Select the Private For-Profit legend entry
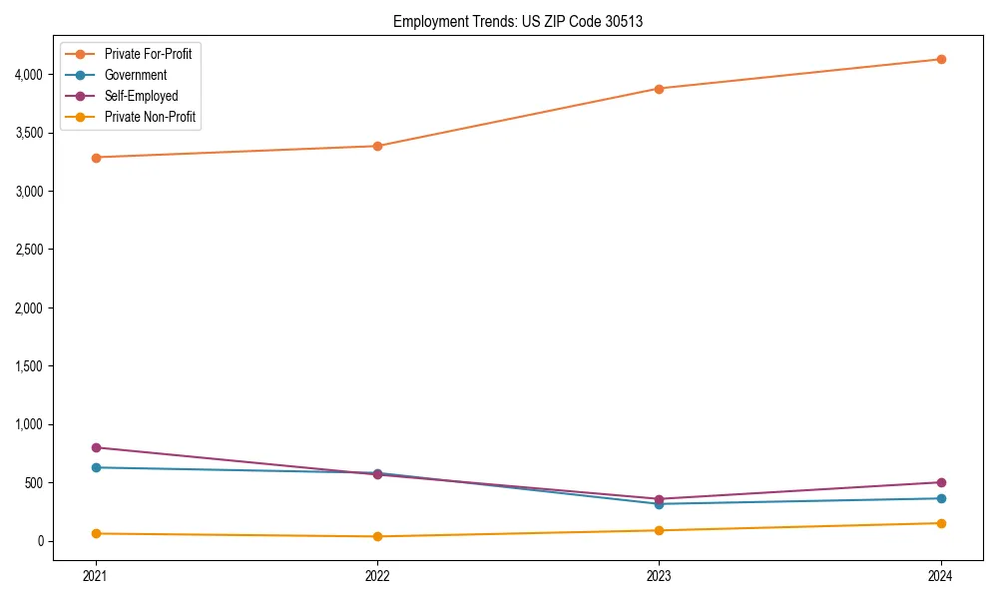point(148,54)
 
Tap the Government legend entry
point(136,75)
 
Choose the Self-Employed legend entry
point(141,96)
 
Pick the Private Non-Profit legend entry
point(150,117)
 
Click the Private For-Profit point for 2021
point(96,158)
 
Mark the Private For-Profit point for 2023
point(660,89)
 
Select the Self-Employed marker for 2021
point(96,447)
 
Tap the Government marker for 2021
point(96,467)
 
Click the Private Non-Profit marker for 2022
point(377,536)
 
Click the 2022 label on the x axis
point(377,576)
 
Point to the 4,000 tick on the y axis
point(27,75)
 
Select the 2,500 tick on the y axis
point(27,250)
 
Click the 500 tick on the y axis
point(33,483)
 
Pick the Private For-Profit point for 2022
point(377,146)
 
